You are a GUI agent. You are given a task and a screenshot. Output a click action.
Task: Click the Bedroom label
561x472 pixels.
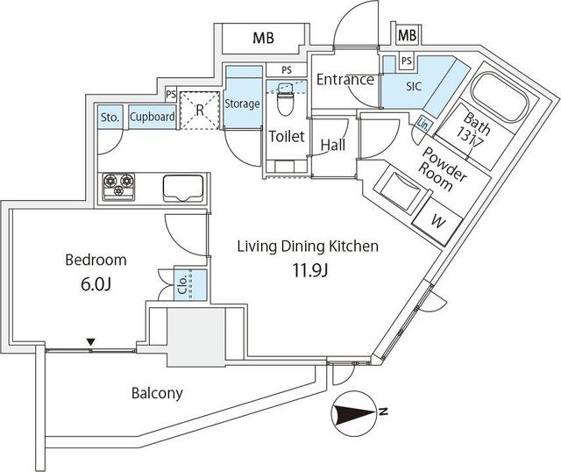[96, 260]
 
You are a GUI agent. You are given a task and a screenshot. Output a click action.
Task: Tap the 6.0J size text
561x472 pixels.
[96, 284]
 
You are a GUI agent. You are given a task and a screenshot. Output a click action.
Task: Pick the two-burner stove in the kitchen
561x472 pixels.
[120, 184]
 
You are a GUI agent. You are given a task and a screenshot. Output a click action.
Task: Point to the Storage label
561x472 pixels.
[242, 104]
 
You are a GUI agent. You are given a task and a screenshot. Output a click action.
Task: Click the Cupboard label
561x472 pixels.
[152, 117]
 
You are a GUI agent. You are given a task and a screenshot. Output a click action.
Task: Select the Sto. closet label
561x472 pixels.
[110, 117]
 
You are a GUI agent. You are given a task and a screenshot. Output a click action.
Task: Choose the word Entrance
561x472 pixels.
[344, 80]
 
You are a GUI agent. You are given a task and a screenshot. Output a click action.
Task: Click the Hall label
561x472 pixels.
[331, 145]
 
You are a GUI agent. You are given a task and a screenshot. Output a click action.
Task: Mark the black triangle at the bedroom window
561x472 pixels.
[89, 342]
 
